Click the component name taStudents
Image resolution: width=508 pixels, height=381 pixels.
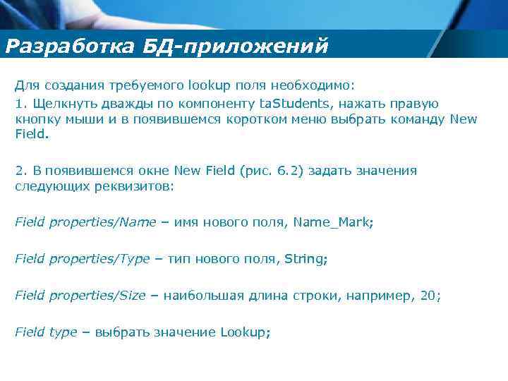290,104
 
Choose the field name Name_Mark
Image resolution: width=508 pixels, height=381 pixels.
331,222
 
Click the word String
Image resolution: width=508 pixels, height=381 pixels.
304,259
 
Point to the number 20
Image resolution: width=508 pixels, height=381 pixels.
428,296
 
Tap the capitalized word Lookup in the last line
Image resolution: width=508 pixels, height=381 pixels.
244,332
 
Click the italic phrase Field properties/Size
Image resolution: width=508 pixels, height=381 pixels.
80,296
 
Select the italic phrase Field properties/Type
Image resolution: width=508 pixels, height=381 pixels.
82,259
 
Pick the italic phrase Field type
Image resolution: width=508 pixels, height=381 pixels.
46,332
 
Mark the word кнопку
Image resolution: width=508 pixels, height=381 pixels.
35,119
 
